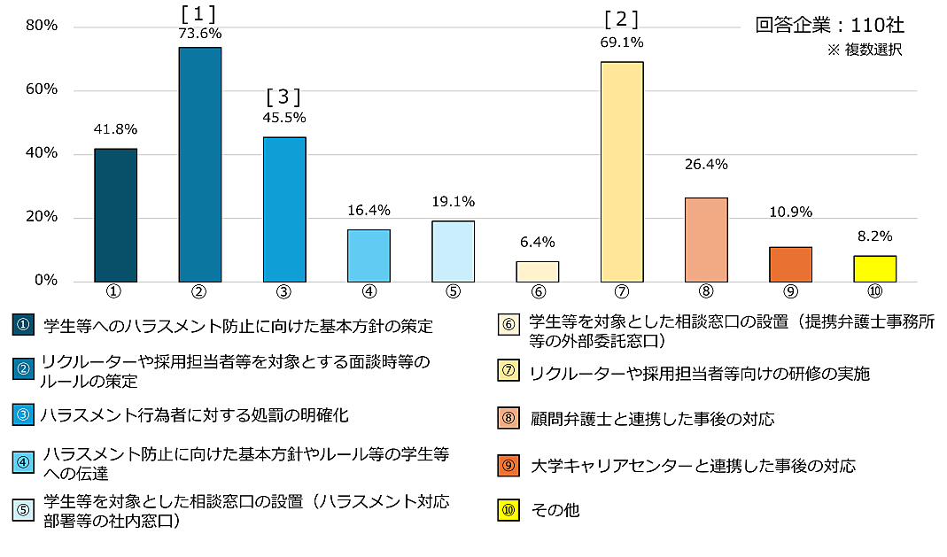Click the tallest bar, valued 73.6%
click(x=199, y=165)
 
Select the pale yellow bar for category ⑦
click(x=621, y=172)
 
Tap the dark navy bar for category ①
click(x=115, y=215)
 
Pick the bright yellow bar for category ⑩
click(x=874, y=268)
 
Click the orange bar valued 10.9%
click(x=790, y=264)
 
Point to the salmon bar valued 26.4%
click(x=706, y=239)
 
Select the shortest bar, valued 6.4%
click(x=537, y=271)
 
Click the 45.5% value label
click(x=283, y=116)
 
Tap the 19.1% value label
click(x=453, y=201)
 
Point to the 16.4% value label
click(x=369, y=210)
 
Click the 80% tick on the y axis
click(x=42, y=26)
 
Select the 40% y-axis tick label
click(x=42, y=153)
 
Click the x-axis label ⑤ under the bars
click(x=453, y=291)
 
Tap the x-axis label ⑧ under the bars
click(x=706, y=291)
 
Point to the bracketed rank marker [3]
click(x=283, y=96)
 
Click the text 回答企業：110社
click(x=829, y=25)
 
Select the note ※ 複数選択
click(x=864, y=50)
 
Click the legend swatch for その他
click(x=508, y=510)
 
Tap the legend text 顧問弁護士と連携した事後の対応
click(x=651, y=419)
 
